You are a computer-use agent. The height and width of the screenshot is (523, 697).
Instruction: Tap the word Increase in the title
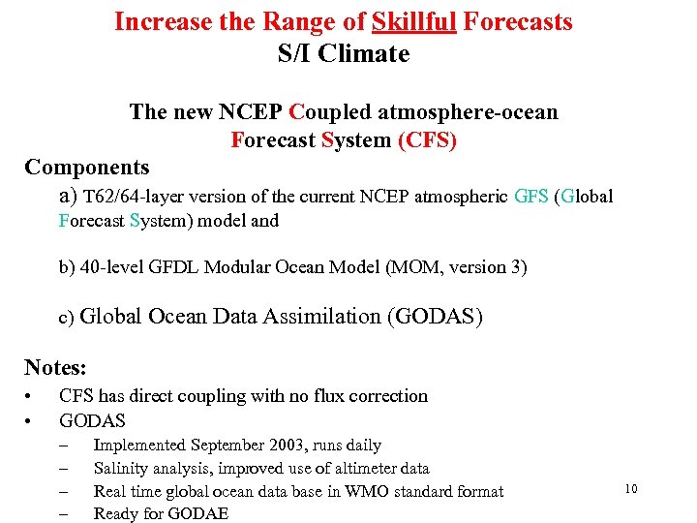157,20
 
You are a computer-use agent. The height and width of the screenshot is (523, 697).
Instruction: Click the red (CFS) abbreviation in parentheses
427,140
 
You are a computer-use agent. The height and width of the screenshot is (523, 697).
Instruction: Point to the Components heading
87,168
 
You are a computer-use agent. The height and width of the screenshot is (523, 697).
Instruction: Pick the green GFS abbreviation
531,197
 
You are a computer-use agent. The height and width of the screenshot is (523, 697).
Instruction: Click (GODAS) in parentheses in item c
434,316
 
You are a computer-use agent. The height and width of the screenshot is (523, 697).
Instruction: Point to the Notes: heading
56,367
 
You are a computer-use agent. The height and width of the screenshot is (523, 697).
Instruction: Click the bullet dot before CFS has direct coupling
30,396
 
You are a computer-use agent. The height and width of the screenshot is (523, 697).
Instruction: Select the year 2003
286,446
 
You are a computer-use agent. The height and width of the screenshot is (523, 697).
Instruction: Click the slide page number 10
630,489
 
